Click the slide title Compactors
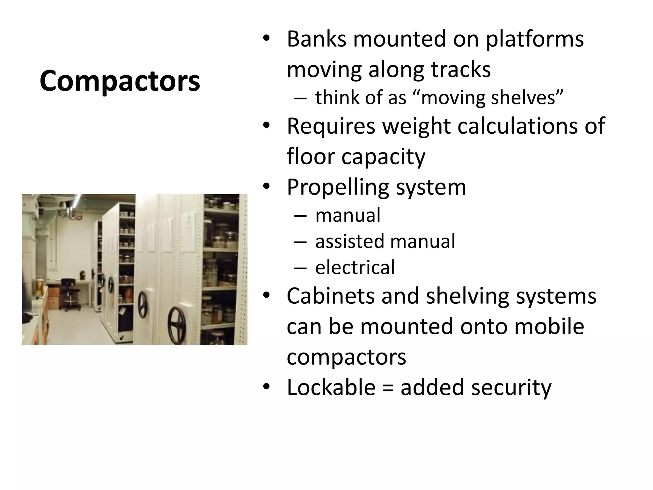120,81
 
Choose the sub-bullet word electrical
355,267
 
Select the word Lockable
331,387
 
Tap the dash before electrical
300,267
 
